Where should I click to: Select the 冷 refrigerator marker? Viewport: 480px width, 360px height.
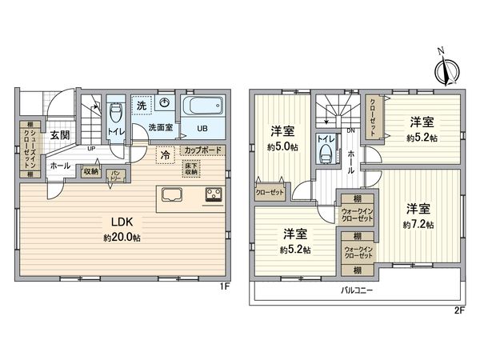(x=164, y=156)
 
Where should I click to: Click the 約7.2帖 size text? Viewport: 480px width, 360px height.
(x=418, y=225)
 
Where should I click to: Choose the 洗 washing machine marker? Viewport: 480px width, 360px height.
(x=141, y=106)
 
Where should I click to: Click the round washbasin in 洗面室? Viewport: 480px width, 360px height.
(x=166, y=103)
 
